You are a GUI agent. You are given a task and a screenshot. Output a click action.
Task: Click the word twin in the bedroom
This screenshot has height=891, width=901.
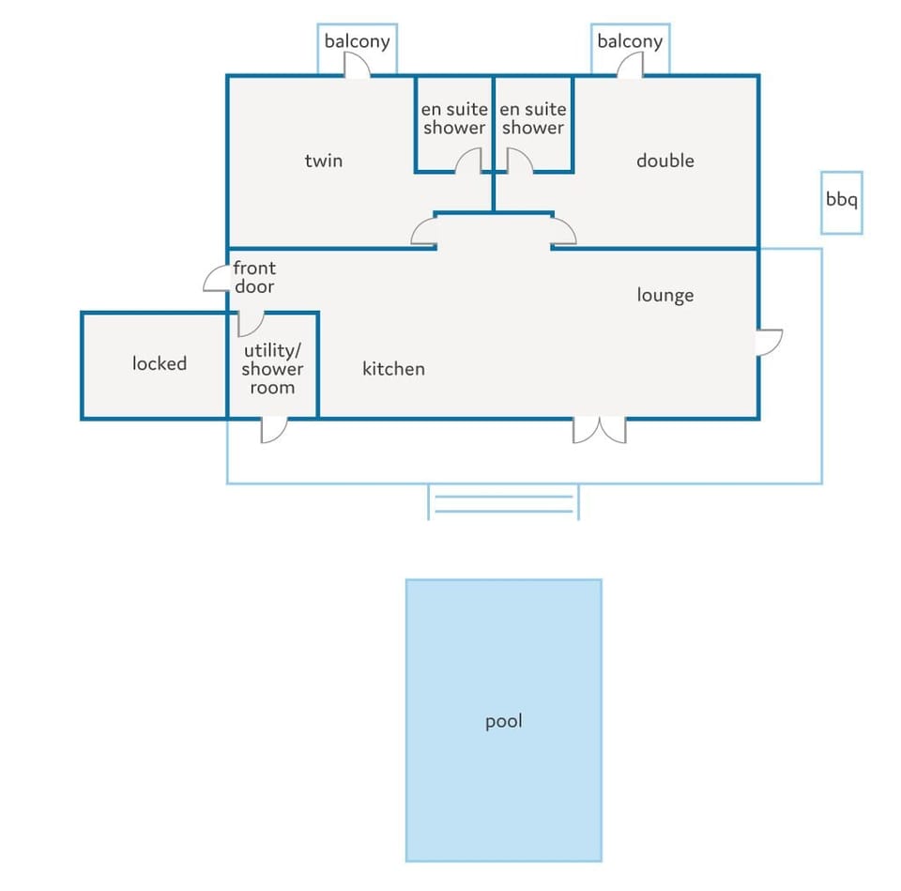[x=324, y=161]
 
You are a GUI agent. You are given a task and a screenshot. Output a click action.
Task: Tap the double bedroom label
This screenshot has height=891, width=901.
[x=664, y=161]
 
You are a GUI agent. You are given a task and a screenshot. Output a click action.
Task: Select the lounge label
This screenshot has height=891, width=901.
[x=664, y=295]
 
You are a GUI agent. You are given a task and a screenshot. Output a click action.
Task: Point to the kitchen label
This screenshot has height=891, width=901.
[x=393, y=368]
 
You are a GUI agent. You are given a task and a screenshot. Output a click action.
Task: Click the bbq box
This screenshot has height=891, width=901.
[x=841, y=203]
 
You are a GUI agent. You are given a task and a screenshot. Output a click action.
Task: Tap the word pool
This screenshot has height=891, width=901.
[x=504, y=721]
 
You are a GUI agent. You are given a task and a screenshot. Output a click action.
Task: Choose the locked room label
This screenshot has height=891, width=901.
[x=160, y=363]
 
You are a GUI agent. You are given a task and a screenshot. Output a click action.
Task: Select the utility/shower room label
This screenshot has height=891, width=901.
[x=272, y=368]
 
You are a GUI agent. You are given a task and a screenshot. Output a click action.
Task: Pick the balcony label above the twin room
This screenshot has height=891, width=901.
[x=357, y=41]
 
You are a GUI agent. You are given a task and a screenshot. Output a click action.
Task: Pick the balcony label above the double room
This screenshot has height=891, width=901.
[x=630, y=41]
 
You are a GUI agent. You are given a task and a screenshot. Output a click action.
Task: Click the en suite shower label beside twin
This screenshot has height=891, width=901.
[x=454, y=118]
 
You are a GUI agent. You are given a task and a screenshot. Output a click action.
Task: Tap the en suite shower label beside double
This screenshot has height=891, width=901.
[x=533, y=118]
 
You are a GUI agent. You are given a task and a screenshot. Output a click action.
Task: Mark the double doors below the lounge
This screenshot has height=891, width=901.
[x=600, y=430]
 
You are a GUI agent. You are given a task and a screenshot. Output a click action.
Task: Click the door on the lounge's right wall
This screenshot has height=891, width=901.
[x=769, y=342]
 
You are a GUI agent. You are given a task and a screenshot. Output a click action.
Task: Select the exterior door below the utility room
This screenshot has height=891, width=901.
[x=273, y=430]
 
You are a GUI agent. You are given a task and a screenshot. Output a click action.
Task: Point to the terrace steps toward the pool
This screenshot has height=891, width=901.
[x=503, y=502]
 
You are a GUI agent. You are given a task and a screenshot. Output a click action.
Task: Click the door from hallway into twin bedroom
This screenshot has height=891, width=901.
[x=424, y=232]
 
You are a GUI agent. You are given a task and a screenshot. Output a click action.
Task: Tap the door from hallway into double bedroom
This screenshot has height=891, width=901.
[x=563, y=232]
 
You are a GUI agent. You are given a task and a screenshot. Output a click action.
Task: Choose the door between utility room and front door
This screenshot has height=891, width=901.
[x=252, y=325]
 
